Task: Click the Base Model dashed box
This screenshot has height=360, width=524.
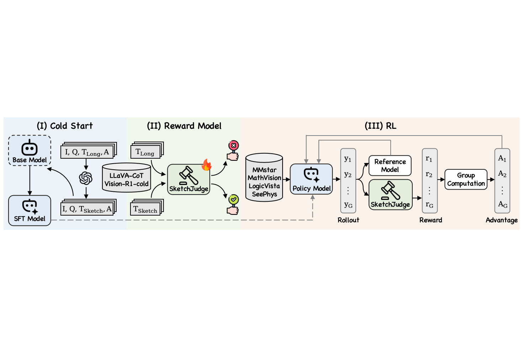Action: [30, 150]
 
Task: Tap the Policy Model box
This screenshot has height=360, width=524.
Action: [311, 179]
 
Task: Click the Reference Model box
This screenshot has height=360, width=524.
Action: [390, 165]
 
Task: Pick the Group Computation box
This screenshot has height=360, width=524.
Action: [466, 179]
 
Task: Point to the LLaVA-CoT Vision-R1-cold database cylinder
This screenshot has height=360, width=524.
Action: [127, 178]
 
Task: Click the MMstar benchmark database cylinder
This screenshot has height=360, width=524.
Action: [264, 178]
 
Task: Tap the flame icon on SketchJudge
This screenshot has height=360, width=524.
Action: [206, 165]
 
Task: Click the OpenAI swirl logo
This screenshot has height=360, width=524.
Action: [86, 178]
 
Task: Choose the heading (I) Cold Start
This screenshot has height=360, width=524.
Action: [65, 126]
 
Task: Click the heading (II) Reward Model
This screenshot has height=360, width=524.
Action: [184, 126]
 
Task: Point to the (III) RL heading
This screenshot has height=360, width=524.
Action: [380, 126]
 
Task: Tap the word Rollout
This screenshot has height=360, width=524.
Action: [348, 220]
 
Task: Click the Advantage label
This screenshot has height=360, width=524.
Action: [502, 220]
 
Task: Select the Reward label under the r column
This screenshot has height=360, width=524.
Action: [431, 220]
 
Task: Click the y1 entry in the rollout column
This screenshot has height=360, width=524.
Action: [348, 159]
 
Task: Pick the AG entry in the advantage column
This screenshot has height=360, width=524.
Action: [502, 205]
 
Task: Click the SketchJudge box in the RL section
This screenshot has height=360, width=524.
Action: [390, 195]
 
